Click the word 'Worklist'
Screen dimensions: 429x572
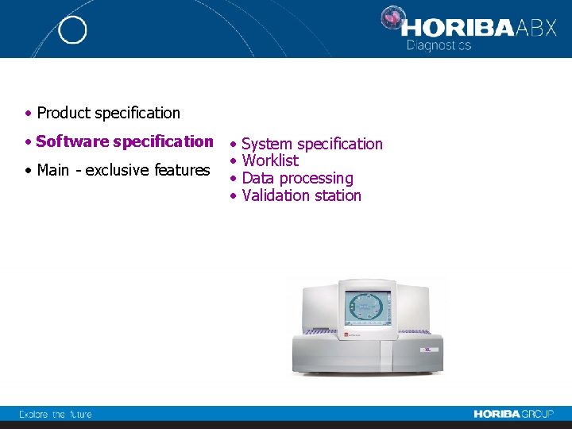(270, 160)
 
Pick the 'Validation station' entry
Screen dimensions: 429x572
(301, 195)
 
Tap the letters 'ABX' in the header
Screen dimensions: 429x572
(537, 29)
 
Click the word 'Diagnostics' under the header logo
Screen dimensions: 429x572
(439, 45)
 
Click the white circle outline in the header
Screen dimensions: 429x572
(72, 30)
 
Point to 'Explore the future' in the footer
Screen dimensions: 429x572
(56, 414)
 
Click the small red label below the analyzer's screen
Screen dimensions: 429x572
(347, 335)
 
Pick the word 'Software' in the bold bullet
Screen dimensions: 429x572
(72, 141)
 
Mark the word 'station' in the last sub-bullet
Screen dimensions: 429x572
(338, 195)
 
